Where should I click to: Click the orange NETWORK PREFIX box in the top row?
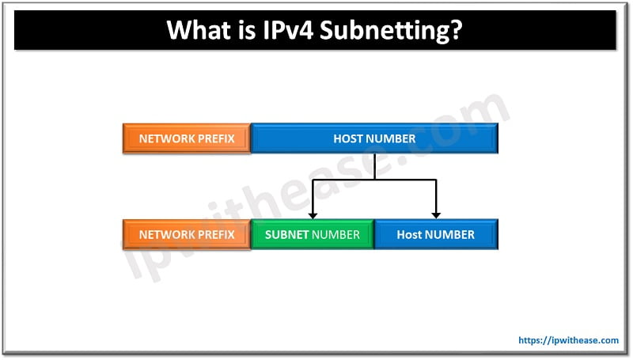tap(187, 138)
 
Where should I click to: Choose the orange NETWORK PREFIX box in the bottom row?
tap(187, 234)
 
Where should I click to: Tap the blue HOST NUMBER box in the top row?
tap(374, 138)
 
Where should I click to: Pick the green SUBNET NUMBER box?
tap(313, 234)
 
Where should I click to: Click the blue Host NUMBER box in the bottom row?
tap(436, 234)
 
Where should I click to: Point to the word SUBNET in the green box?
tap(286, 234)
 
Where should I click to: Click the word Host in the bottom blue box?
tap(409, 234)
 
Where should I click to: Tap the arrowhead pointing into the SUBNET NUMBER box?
tap(313, 214)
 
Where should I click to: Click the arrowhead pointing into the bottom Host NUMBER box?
tap(436, 214)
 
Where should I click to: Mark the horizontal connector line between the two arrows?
tap(374, 180)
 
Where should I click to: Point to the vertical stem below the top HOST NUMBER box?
tap(374, 166)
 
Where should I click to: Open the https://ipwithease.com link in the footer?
tap(568, 340)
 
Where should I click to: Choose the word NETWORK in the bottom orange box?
tap(166, 234)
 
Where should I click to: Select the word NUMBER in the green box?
tap(335, 234)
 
